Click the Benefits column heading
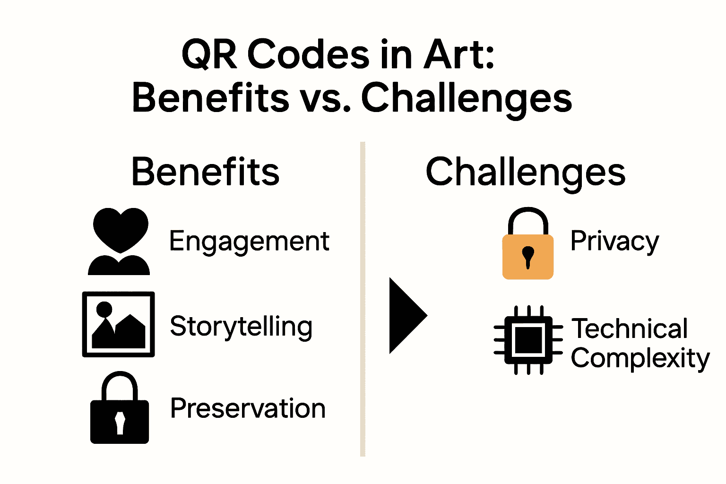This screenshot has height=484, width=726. tap(206, 172)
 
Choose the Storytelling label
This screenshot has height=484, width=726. tap(241, 327)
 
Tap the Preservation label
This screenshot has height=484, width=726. tap(248, 408)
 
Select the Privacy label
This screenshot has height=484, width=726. tap(614, 242)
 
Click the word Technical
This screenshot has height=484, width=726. tap(630, 329)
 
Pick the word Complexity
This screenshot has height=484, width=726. tap(640, 359)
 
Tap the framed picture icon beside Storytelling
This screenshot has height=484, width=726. tap(119, 324)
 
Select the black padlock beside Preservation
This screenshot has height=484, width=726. tap(120, 408)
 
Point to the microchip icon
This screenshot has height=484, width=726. tap(528, 340)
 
